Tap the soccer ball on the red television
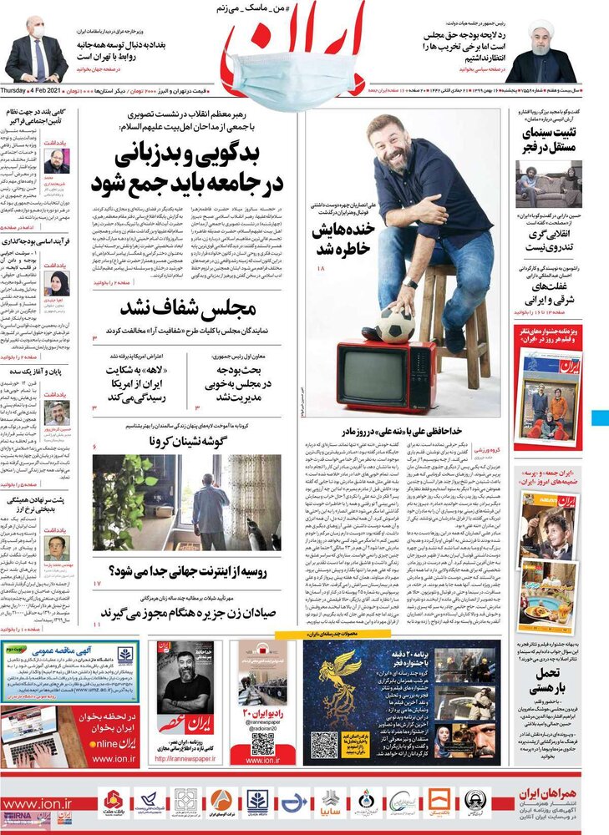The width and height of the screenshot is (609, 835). pos(395,325)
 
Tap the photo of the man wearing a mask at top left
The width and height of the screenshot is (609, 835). pos(35,50)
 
